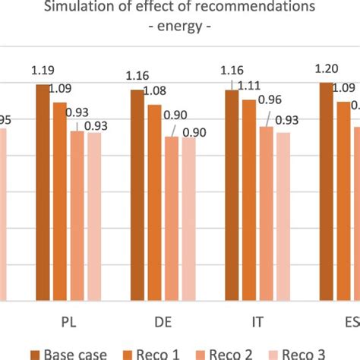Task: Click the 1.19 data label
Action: point(43,71)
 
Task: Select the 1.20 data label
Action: point(327,70)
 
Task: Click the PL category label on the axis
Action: point(69,320)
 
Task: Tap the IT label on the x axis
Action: point(257,320)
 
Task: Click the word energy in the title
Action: point(180,26)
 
